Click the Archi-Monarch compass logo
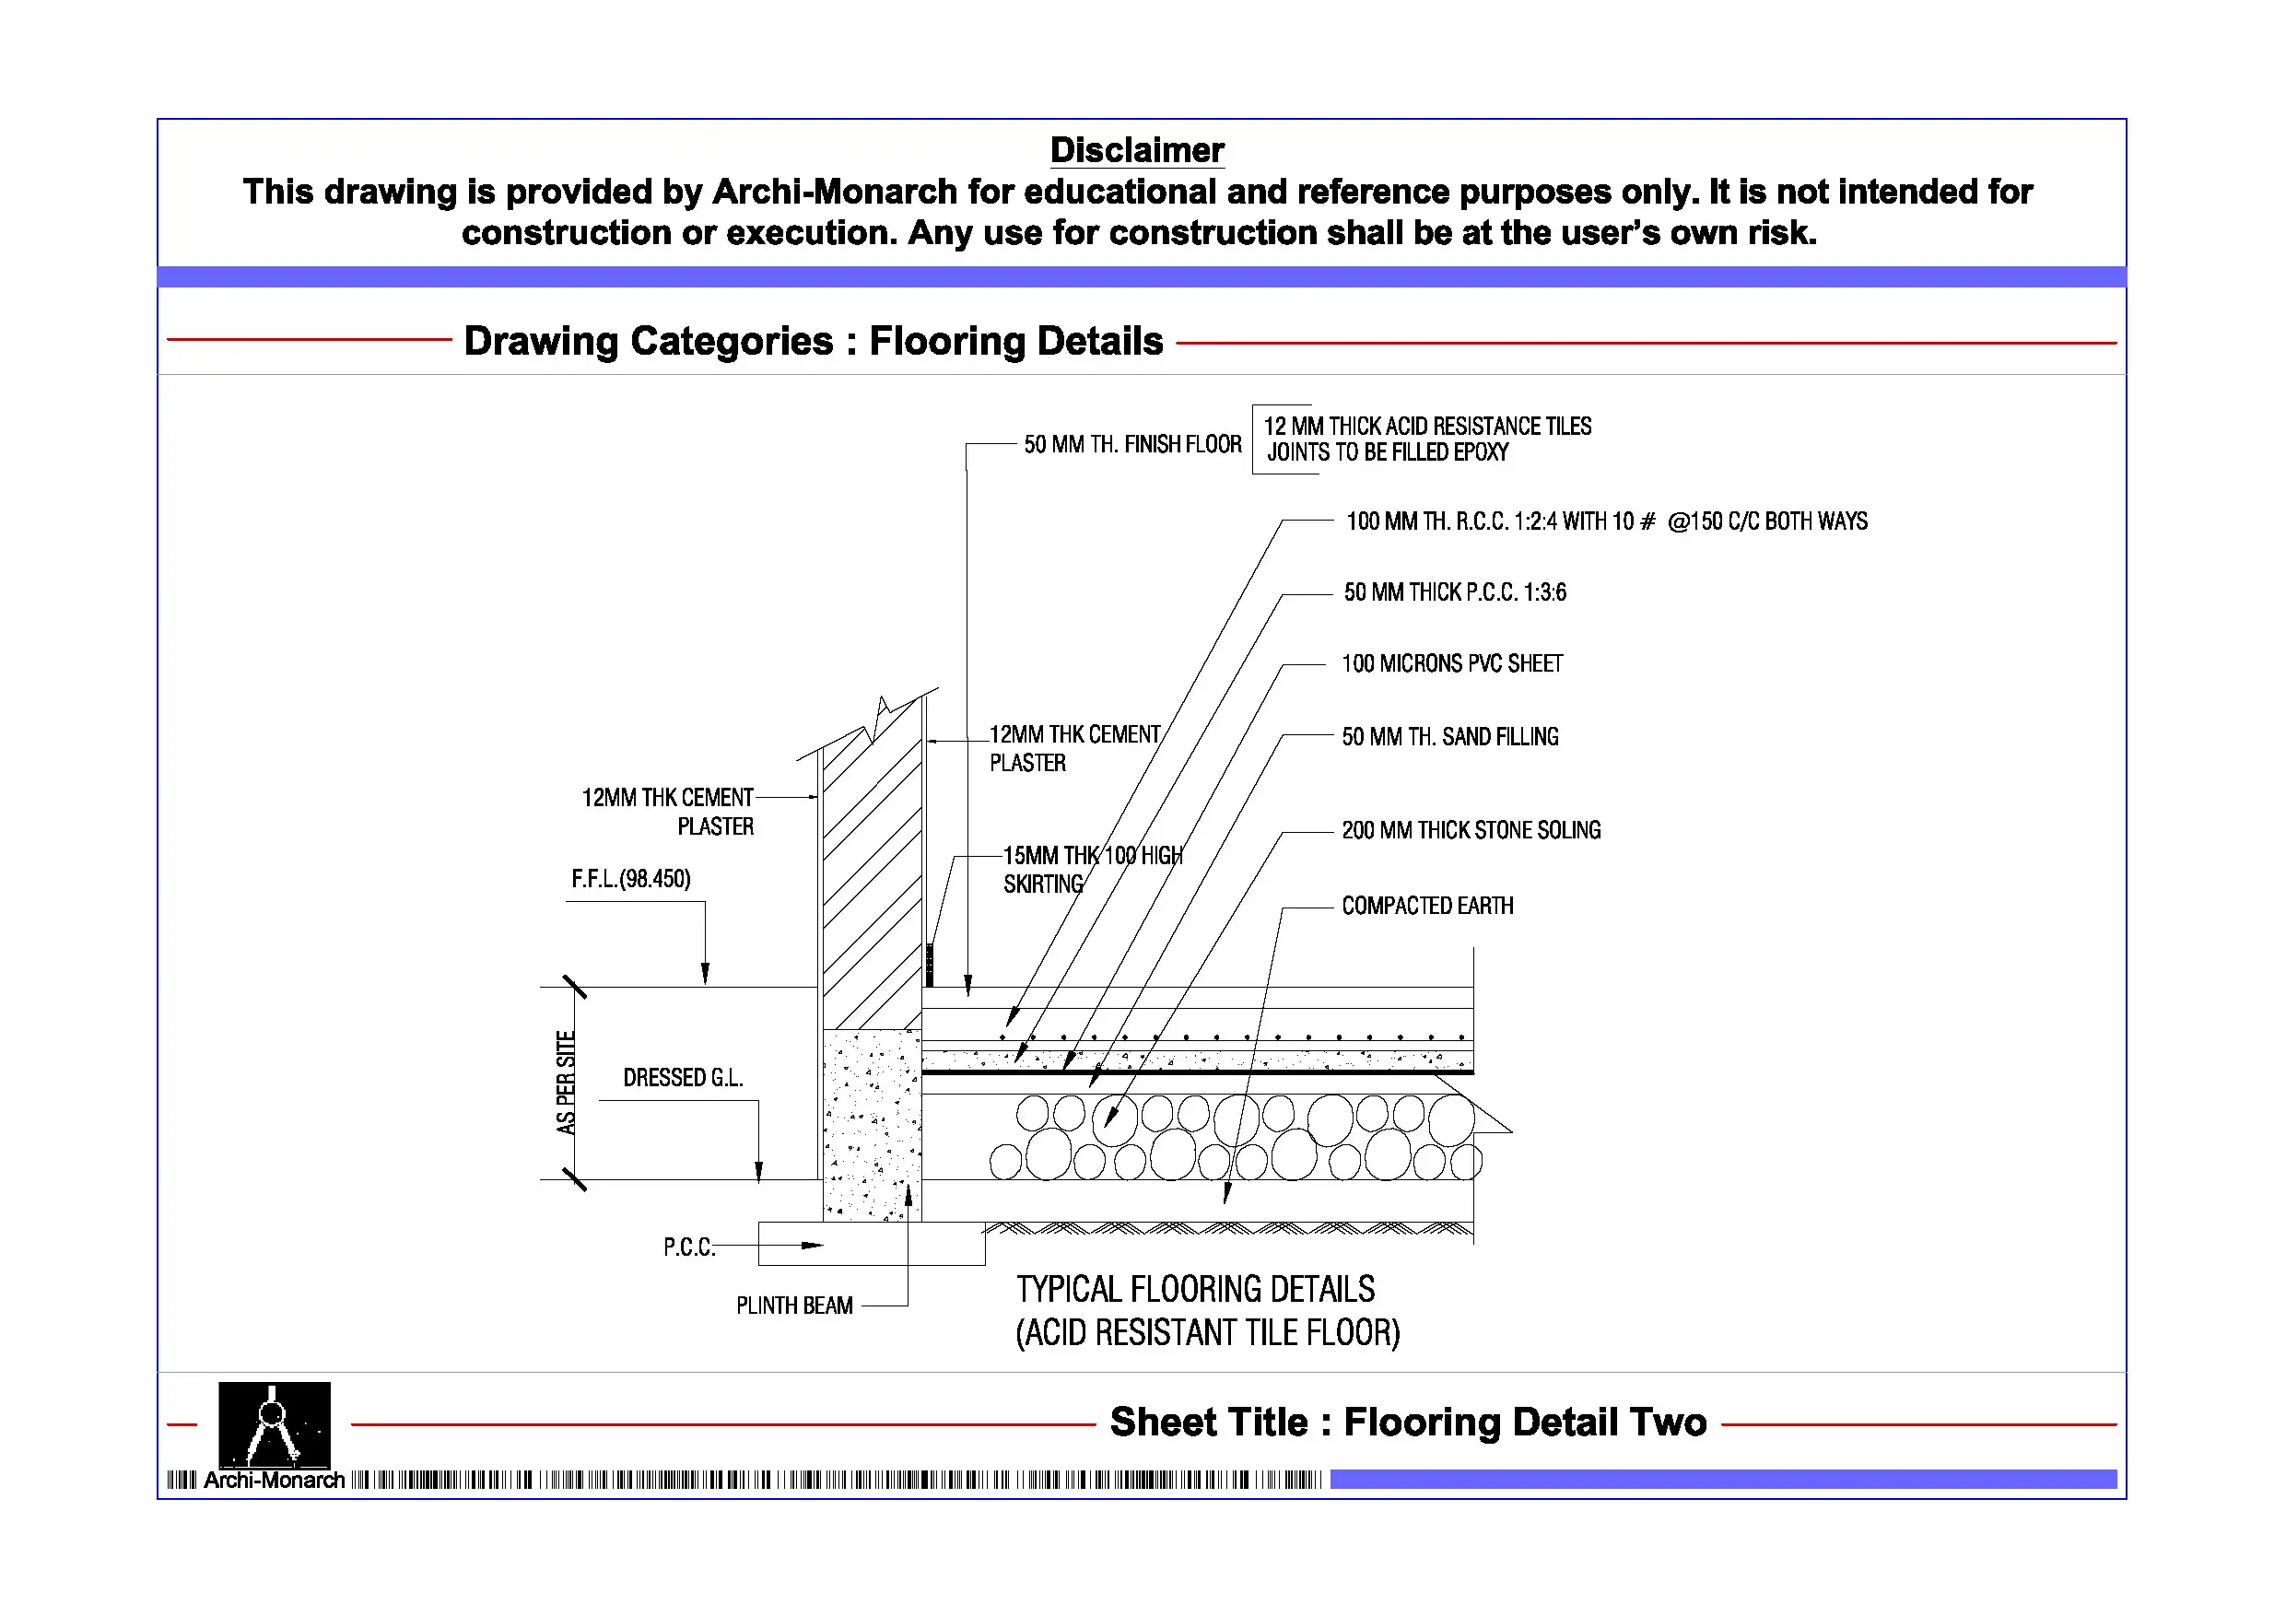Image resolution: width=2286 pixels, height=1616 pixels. (274, 1425)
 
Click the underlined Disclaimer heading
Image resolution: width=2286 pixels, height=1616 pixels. (1136, 150)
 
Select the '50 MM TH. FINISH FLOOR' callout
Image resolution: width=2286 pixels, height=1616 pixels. (1132, 444)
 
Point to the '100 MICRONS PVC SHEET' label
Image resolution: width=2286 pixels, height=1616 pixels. (1451, 664)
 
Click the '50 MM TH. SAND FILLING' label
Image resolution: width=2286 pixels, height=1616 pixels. (1449, 737)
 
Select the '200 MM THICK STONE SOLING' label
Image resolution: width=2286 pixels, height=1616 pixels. (1471, 830)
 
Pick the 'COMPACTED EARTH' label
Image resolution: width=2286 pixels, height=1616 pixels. (1426, 906)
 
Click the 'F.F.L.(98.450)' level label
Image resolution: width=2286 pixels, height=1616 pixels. (630, 879)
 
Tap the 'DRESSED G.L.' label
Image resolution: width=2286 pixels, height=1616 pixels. (683, 1078)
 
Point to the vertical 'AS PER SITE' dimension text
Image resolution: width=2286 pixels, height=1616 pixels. (566, 1083)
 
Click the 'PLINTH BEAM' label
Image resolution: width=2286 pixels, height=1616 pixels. (794, 1306)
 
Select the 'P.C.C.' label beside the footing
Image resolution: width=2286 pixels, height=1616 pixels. (689, 1247)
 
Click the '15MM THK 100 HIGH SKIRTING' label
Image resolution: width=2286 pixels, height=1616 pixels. (1091, 869)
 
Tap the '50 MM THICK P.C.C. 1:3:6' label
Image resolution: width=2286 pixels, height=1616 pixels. (1455, 592)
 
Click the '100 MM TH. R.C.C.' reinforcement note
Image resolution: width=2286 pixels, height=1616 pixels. (1606, 521)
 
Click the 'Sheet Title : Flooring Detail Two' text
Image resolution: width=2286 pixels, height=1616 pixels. (1408, 1422)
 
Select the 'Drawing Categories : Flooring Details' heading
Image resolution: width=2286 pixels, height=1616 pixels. (814, 341)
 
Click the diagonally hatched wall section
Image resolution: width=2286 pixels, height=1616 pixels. (872, 876)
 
